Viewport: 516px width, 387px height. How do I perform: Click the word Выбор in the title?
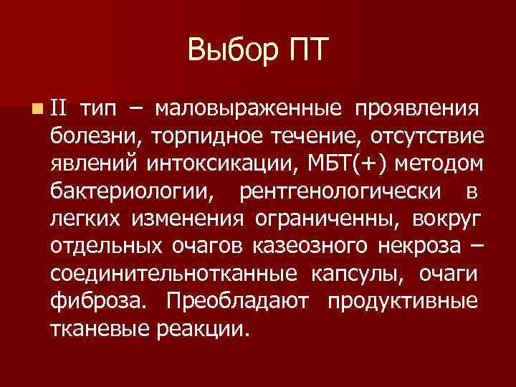pos(229,51)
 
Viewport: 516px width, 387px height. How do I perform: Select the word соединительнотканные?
pos(175,274)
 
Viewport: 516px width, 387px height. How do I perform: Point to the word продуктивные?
pos(402,302)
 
